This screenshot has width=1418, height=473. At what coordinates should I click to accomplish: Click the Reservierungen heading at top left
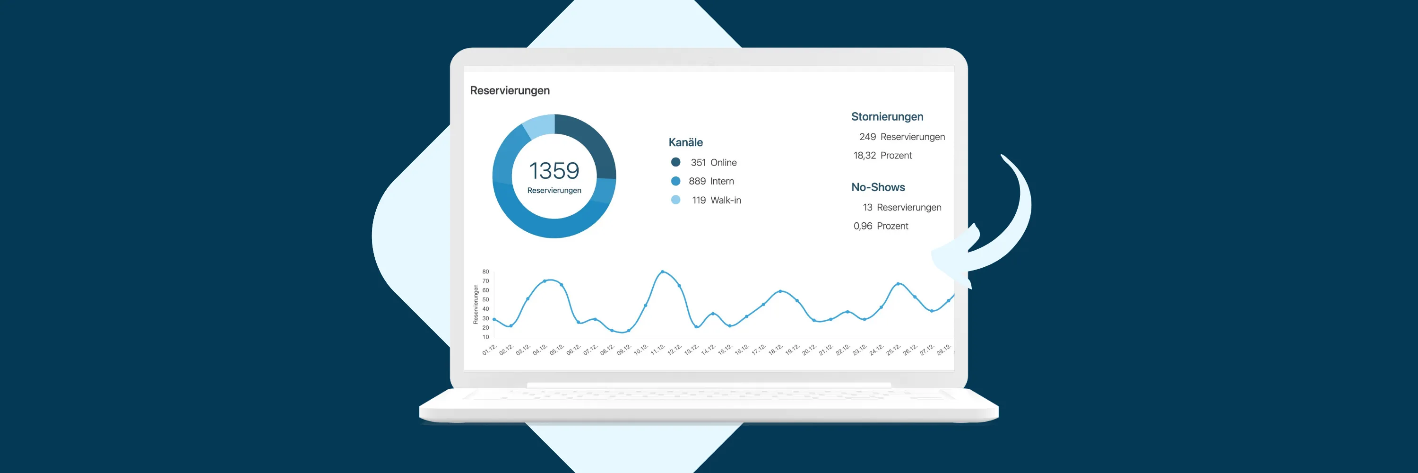pos(510,90)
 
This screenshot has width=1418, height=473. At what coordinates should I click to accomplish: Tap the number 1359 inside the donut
pos(554,171)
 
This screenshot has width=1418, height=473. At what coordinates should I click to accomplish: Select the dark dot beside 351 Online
pos(675,162)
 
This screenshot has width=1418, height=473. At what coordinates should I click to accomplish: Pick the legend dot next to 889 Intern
pos(675,181)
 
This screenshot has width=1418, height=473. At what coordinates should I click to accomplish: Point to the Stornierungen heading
pos(887,117)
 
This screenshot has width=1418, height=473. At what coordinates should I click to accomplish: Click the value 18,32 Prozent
pos(882,155)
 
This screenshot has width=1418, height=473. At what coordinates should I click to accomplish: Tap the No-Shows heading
pos(878,187)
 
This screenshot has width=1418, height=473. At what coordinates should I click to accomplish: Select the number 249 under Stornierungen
pos(867,137)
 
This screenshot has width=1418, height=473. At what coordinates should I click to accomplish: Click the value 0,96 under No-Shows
pos(863,226)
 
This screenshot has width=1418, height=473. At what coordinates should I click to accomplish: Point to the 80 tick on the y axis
pos(485,272)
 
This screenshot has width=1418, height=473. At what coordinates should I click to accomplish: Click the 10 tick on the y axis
pos(485,337)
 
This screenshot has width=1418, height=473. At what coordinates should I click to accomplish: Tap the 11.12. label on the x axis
pos(658,350)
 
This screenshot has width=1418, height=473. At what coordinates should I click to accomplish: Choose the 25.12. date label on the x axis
pos(893,350)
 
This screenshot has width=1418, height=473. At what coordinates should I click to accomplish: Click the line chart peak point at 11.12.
pos(662,272)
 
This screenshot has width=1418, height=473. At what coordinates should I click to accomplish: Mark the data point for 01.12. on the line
pos(494,319)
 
